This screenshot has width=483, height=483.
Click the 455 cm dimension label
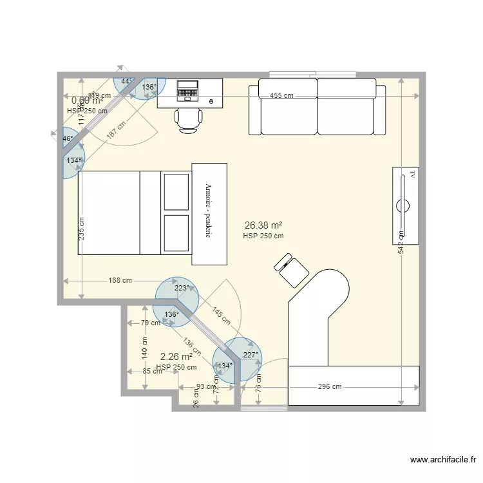tap(281, 96)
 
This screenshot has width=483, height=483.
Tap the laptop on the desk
tap(188, 90)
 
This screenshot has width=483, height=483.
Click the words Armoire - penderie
tap(209, 212)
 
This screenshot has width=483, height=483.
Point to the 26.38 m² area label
tap(263, 225)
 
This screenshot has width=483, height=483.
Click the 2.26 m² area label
tap(176, 356)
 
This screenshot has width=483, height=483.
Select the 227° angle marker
tap(250, 354)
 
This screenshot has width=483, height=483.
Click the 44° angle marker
tap(127, 81)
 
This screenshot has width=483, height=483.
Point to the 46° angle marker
tap(68, 138)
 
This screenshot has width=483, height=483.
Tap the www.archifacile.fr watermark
tap(444, 460)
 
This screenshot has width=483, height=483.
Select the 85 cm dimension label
tap(153, 372)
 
